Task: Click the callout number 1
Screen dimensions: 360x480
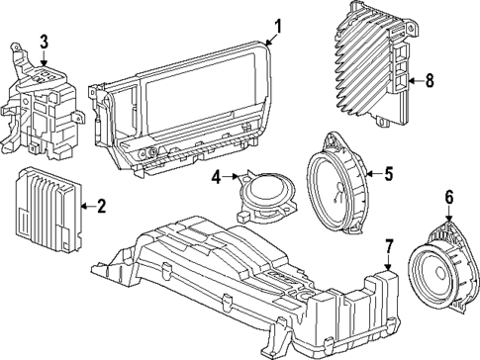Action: [x=278, y=26]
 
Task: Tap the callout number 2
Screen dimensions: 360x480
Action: [x=99, y=206]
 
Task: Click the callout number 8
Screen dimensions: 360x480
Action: [x=429, y=82]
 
